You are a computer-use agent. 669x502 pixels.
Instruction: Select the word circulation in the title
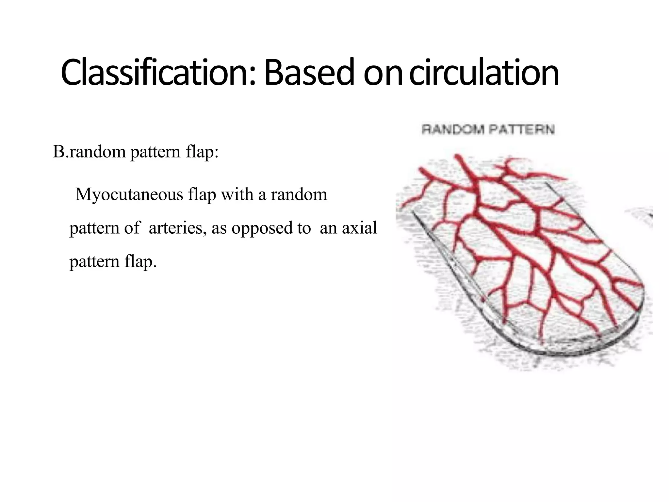click(484, 73)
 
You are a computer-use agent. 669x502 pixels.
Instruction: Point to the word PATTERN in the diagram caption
click(521, 130)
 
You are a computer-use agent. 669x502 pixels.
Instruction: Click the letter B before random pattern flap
click(58, 152)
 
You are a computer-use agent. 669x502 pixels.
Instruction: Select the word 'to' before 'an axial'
click(304, 228)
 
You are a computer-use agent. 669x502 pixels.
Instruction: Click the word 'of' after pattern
click(132, 228)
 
